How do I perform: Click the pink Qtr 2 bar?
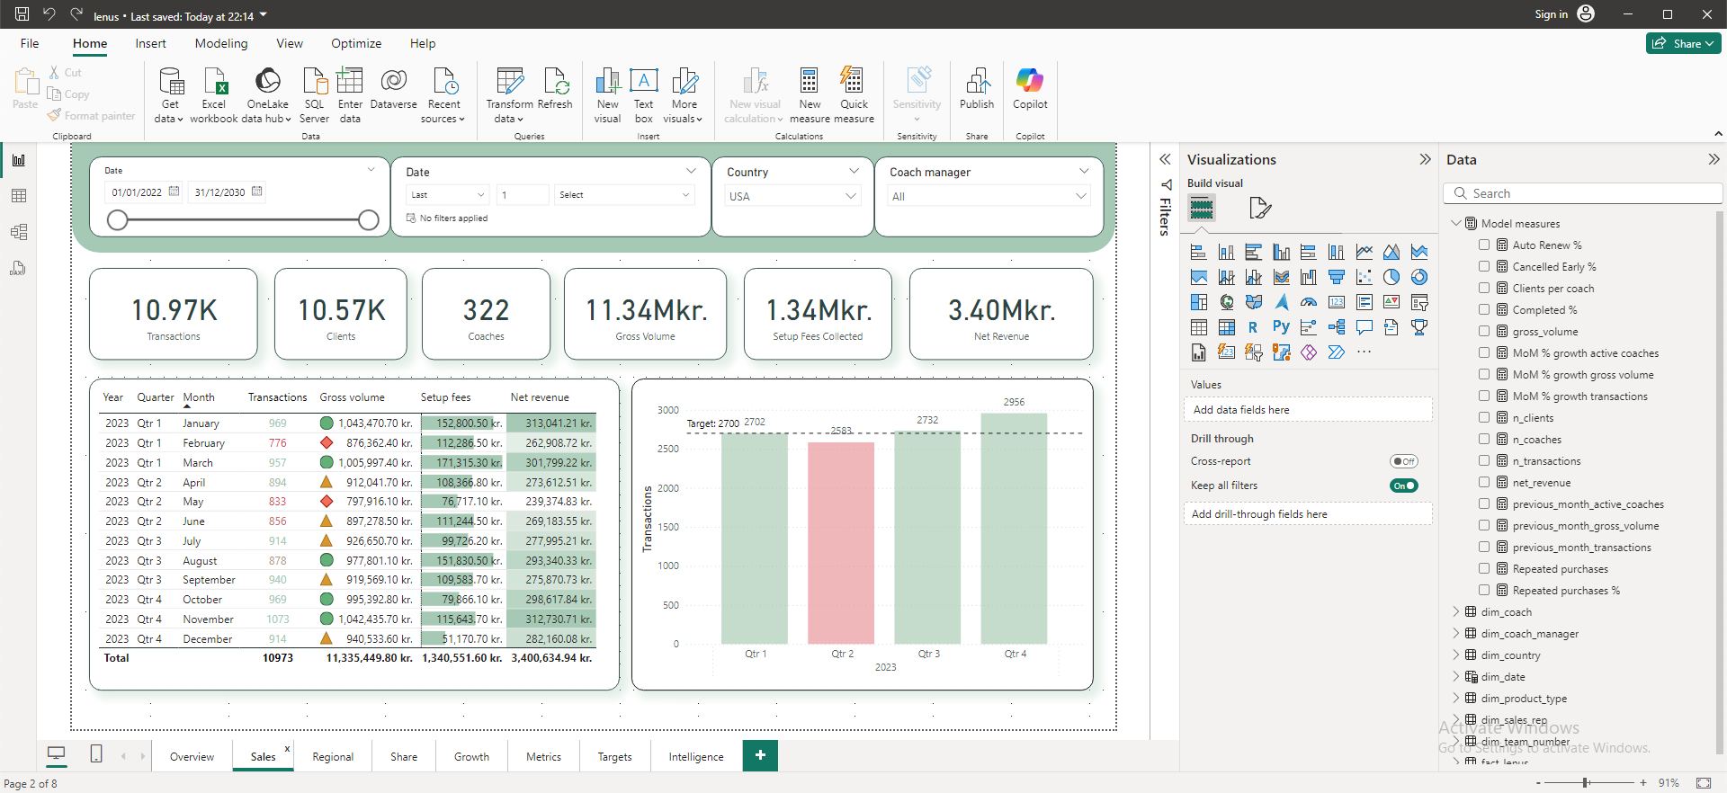840,543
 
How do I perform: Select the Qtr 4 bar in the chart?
1014,529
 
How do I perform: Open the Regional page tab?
333,757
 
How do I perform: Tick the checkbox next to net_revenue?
1484,483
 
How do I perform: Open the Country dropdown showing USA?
792,196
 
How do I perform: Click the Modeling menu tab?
221,43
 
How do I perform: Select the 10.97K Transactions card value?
174,310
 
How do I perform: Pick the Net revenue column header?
540,397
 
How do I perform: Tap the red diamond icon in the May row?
327,502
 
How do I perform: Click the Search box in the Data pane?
1582,193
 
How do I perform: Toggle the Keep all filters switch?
1403,486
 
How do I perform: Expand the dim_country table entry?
1456,655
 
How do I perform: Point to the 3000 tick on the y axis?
668,410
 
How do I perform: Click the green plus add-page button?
760,755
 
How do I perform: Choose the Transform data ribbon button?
510,95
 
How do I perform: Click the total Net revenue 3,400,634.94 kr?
551,658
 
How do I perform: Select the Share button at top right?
1683,43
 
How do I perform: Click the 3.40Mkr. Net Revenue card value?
1001,310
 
